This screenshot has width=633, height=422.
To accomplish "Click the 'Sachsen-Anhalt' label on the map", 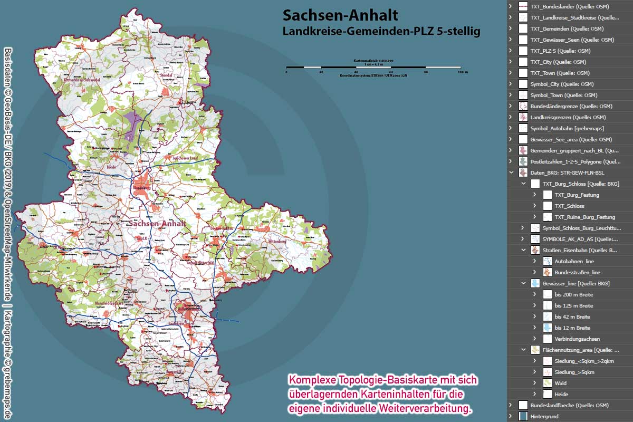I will tap(157, 224).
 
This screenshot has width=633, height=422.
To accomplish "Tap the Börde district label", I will tap(112, 166).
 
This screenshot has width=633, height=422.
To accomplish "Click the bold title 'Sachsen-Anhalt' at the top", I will tap(340, 15).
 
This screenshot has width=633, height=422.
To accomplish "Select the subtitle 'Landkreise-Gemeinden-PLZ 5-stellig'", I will tap(381, 32).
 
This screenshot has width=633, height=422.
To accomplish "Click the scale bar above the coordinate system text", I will tap(373, 68).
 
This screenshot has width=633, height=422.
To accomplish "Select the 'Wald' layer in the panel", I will tap(561, 383).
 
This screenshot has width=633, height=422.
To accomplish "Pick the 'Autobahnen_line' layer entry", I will tap(574, 261).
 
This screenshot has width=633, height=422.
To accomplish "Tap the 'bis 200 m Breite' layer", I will tap(574, 294).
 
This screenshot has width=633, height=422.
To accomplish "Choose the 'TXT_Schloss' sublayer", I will tap(569, 206).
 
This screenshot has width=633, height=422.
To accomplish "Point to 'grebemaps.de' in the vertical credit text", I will tap(8, 390).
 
